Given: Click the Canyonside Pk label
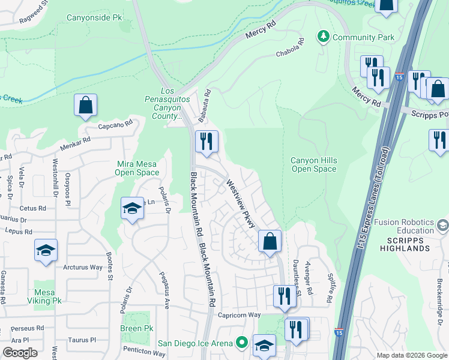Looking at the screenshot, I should click(96, 18).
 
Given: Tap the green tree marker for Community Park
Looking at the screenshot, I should click(324, 37).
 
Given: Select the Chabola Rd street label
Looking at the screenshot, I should click(290, 50).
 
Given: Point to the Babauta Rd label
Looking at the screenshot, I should click(207, 103).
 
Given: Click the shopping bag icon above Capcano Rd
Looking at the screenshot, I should click(86, 105).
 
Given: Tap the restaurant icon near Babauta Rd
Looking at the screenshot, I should click(206, 142).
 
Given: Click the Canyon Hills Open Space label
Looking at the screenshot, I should click(313, 164).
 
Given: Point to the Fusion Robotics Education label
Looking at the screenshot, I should click(404, 226).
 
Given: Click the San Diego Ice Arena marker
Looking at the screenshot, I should click(242, 343).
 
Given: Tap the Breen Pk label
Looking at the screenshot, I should click(136, 328).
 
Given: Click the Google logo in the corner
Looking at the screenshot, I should click(20, 352).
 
